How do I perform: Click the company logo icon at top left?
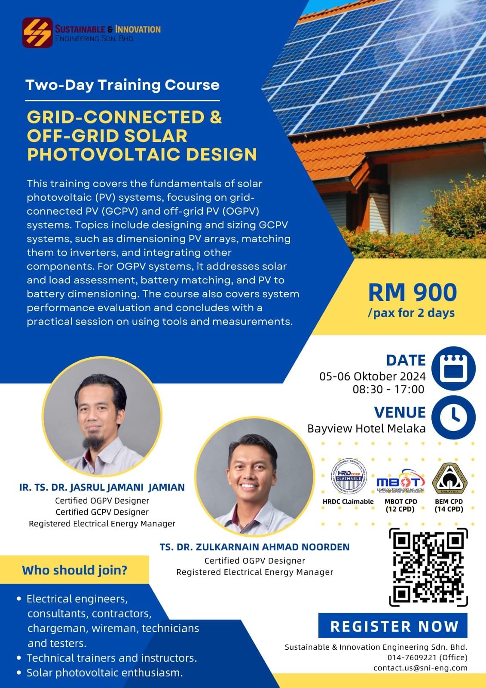tap(37, 32)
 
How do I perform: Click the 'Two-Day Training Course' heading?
tap(122, 85)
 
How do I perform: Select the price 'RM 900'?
tap(412, 292)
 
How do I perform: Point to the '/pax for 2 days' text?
tap(411, 313)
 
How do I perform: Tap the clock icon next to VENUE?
tap(453, 416)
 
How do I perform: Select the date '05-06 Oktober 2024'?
tap(372, 376)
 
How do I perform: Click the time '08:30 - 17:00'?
tap(388, 389)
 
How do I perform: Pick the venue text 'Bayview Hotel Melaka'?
tap(366, 428)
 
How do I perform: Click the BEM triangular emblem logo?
tap(449, 479)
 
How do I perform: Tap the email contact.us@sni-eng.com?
tap(420, 668)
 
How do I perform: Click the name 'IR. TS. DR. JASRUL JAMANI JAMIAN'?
tap(102, 487)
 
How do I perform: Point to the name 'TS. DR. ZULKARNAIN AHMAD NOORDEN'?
tap(254, 547)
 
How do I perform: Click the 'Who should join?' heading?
tap(75, 570)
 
